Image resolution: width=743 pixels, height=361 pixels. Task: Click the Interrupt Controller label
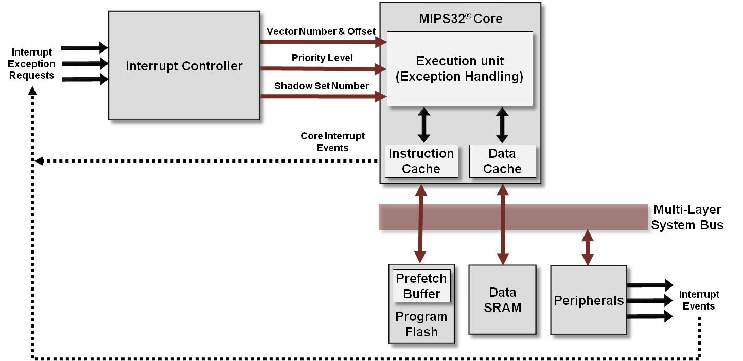[x=184, y=66]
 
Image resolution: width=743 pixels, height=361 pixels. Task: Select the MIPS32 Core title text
[x=460, y=20]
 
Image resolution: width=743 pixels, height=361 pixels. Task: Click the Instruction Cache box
[x=421, y=161]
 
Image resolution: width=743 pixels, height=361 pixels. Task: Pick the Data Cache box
[x=502, y=161]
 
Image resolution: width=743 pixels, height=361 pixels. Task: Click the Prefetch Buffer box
[x=421, y=286]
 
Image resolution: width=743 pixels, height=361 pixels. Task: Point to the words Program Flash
[x=421, y=324]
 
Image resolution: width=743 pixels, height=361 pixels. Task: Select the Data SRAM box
[x=502, y=300]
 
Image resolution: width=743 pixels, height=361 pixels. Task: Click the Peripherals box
[x=589, y=301]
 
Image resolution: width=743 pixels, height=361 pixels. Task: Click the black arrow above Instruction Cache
[x=423, y=125]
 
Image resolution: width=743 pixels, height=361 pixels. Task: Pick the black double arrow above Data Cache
[x=502, y=125]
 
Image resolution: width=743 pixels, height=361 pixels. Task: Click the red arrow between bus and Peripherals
[x=588, y=247]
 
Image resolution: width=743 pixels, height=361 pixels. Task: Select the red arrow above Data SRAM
[x=503, y=247]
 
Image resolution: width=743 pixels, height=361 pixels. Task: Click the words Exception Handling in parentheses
[x=459, y=77]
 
